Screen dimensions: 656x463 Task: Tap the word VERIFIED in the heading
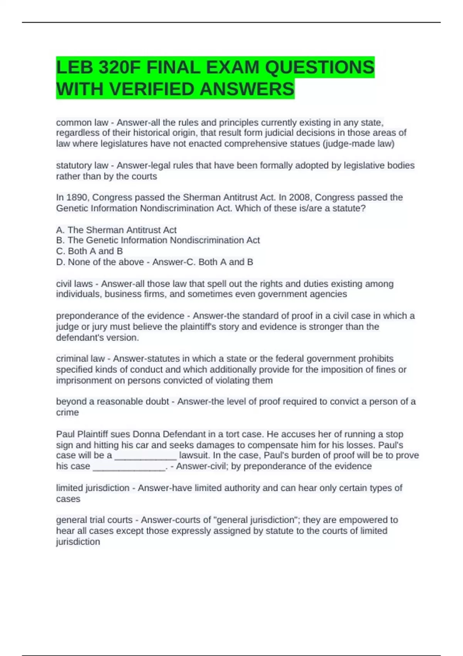(x=153, y=90)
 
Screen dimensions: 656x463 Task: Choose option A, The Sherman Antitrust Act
(x=116, y=230)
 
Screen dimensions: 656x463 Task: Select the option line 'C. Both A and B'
(x=89, y=251)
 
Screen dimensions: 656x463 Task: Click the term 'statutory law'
(x=82, y=166)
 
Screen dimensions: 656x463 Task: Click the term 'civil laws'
(x=74, y=284)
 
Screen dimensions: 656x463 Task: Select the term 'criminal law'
(x=80, y=358)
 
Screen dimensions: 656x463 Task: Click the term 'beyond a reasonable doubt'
(x=112, y=402)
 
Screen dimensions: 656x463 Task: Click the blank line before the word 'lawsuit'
(x=145, y=456)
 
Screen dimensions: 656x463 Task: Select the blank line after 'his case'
(x=129, y=467)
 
